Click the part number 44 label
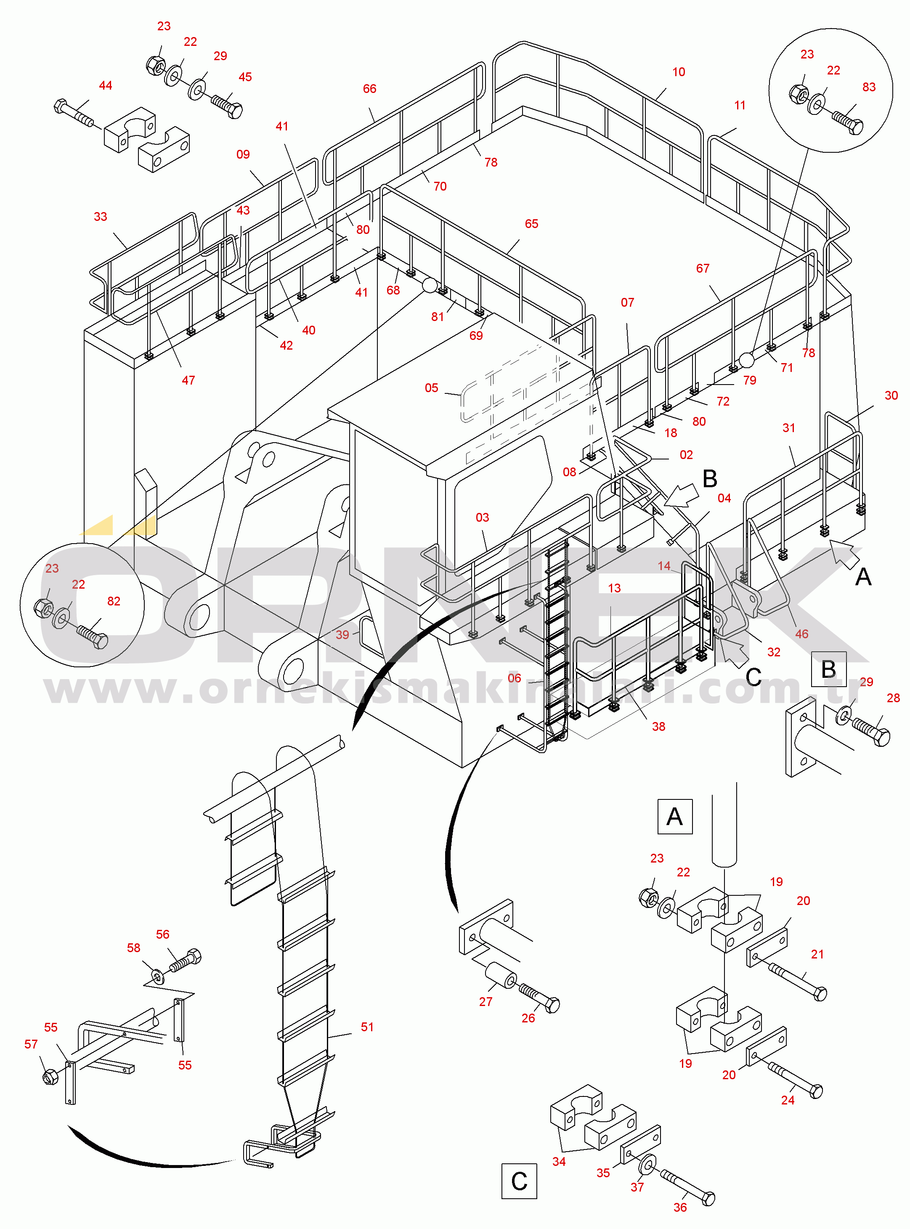tap(105, 85)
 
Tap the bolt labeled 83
tap(848, 122)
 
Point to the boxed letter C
tap(519, 1181)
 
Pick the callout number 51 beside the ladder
tap(367, 1027)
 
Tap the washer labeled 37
tap(647, 1165)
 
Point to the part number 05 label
tap(431, 388)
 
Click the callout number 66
tap(370, 89)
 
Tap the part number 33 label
tap(100, 217)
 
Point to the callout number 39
tap(342, 634)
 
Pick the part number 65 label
tap(531, 224)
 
